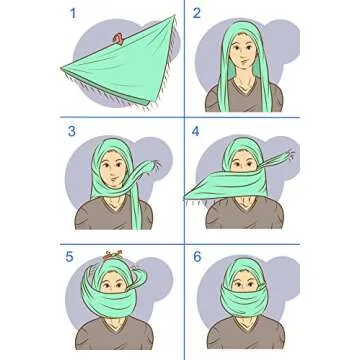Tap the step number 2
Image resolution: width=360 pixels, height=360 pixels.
[197, 13]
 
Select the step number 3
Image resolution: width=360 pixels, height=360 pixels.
[71, 131]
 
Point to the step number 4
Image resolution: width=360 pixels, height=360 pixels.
[197, 131]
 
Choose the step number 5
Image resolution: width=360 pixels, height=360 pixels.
[71, 257]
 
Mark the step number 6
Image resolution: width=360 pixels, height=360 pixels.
[197, 257]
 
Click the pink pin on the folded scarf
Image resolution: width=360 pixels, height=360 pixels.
[119, 40]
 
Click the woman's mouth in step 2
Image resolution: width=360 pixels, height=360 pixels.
[242, 68]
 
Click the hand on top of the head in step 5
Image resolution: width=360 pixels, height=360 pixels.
[112, 257]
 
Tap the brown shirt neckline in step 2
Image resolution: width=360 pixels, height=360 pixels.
[242, 94]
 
